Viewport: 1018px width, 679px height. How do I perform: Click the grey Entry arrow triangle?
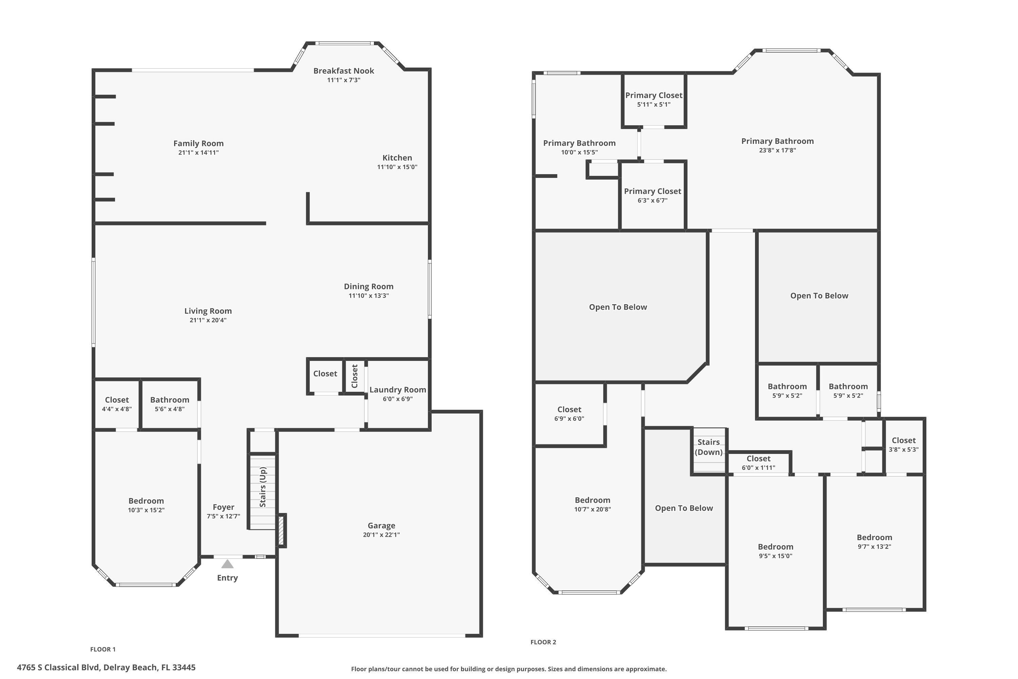tap(227, 564)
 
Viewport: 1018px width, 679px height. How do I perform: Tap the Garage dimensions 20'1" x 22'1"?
tap(381, 535)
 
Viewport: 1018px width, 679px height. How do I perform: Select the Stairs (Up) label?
tap(263, 487)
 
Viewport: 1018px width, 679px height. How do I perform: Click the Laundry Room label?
tap(397, 390)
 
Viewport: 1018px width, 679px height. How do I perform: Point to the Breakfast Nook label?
tap(344, 71)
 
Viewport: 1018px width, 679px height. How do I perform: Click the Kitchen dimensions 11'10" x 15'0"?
tap(397, 167)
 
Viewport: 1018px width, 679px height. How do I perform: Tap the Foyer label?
tap(223, 507)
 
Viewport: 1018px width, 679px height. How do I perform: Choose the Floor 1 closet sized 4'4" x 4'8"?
tap(117, 404)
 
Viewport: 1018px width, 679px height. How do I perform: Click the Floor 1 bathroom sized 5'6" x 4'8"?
tap(170, 404)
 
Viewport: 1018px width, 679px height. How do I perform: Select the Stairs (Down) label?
tap(709, 447)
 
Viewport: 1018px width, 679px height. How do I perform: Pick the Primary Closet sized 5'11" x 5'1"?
tap(654, 99)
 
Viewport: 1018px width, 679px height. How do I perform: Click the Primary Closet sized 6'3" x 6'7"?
tap(652, 195)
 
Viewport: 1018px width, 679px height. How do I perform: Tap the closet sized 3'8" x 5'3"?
tap(903, 445)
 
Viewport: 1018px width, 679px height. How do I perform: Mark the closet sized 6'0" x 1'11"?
tap(758, 462)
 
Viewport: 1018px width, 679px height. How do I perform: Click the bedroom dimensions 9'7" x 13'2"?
tap(874, 547)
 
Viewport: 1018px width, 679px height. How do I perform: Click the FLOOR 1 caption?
tap(102, 649)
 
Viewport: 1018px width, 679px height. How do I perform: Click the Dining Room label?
tap(368, 286)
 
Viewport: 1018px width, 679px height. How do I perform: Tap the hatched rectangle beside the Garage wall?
tap(281, 530)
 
